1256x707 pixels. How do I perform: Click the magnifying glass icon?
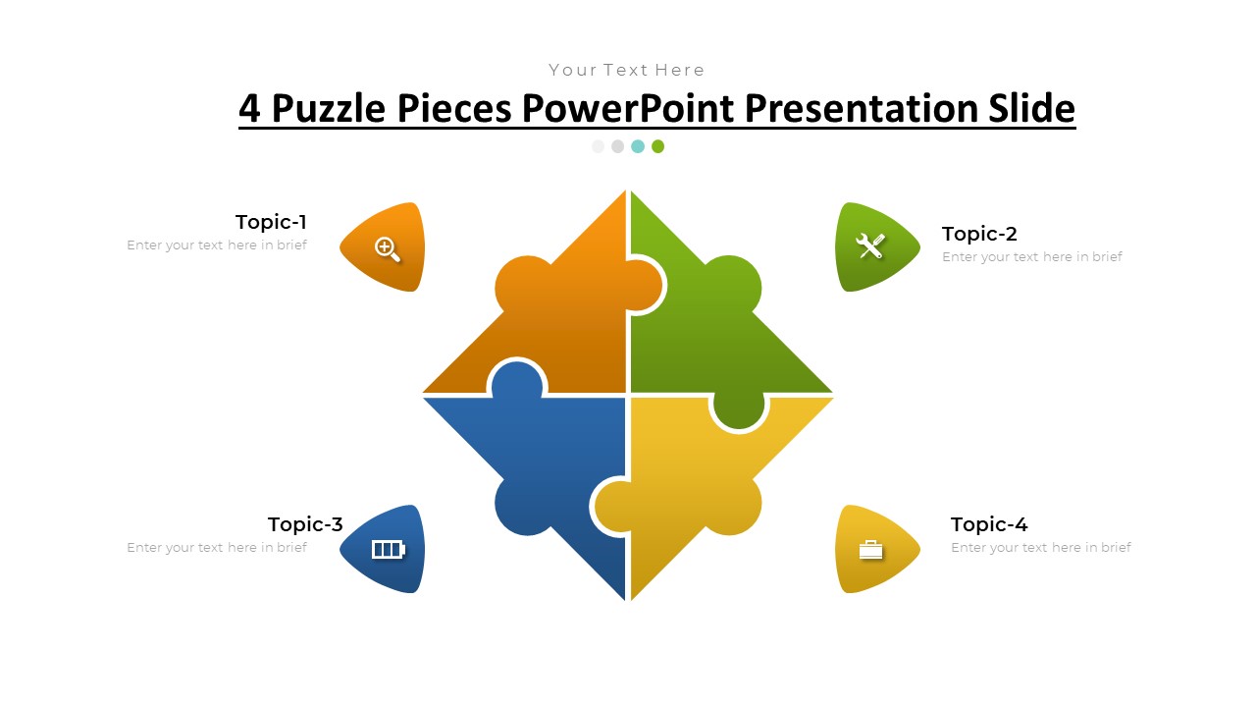click(x=388, y=248)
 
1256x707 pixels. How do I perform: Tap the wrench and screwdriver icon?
click(x=871, y=245)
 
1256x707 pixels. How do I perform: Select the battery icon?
click(x=388, y=549)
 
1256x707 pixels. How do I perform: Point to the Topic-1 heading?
click(x=271, y=222)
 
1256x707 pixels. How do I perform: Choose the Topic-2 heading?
click(x=979, y=234)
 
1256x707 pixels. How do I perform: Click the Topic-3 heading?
click(x=305, y=524)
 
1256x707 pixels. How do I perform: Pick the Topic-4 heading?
click(x=989, y=524)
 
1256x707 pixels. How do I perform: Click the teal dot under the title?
click(x=638, y=146)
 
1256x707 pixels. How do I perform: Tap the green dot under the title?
click(x=657, y=146)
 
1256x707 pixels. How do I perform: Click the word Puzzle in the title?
click(x=329, y=108)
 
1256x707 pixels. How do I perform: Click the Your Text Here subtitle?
click(x=627, y=70)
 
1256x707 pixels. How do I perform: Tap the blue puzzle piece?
click(x=549, y=462)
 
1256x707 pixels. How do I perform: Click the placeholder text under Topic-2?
click(x=1032, y=257)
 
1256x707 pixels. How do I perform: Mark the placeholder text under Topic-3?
click(x=217, y=548)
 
